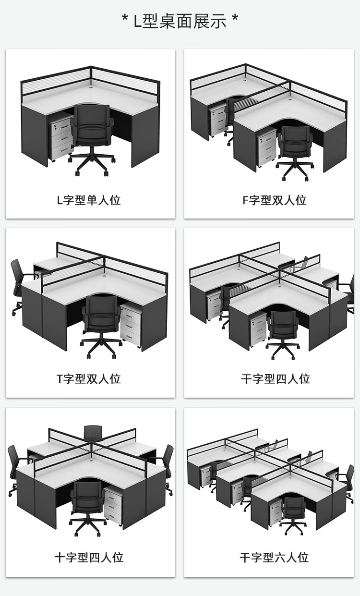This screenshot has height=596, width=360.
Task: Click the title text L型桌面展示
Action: [180, 22]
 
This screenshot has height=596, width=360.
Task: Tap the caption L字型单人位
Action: [89, 200]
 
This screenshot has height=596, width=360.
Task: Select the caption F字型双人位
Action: [274, 200]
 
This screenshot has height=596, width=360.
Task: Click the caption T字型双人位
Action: [89, 378]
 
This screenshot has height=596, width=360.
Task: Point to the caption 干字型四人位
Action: [276, 378]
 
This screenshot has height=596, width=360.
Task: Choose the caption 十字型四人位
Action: [89, 557]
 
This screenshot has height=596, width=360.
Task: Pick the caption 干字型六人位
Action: [274, 557]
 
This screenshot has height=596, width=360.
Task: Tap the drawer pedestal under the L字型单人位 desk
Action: [61, 137]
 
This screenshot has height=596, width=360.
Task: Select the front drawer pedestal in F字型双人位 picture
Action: [266, 146]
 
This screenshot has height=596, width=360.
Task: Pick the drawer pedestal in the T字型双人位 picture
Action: [131, 324]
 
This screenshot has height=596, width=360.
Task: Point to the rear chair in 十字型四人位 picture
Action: [93, 432]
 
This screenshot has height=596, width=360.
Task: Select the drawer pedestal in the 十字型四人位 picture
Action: [113, 504]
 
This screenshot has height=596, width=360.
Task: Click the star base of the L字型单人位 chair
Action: [92, 162]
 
